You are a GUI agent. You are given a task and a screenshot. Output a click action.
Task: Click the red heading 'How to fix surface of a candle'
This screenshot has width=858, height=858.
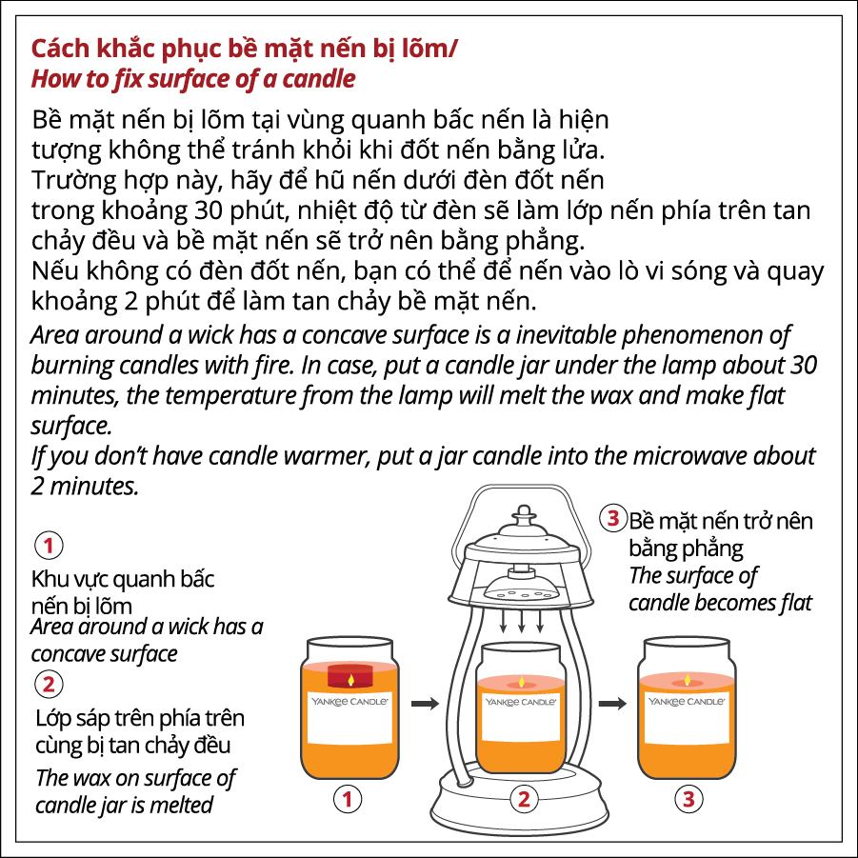(x=193, y=79)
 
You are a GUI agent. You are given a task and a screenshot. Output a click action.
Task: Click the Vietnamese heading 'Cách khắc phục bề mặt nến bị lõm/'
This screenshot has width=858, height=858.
(x=244, y=49)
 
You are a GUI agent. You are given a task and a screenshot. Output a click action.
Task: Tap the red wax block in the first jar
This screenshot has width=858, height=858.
(x=349, y=676)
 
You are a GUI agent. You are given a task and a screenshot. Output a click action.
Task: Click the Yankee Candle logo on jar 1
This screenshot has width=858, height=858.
(x=349, y=701)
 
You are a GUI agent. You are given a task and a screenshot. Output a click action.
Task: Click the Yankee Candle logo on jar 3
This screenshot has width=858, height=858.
(x=687, y=701)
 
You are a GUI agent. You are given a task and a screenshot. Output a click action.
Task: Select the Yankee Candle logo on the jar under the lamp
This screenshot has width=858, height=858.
(x=520, y=702)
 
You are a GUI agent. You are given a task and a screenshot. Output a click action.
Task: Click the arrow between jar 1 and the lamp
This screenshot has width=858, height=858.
(x=425, y=703)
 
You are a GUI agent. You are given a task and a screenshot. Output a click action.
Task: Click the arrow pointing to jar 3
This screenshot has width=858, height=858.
(x=612, y=703)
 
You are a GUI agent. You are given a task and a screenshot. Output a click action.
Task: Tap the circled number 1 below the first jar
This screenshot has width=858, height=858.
(x=348, y=800)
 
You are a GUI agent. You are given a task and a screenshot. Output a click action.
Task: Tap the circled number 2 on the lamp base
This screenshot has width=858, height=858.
(x=524, y=800)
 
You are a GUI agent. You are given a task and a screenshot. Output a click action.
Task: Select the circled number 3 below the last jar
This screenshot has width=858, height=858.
(x=688, y=800)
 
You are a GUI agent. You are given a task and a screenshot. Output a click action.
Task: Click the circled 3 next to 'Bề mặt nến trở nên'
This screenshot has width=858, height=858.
(x=613, y=518)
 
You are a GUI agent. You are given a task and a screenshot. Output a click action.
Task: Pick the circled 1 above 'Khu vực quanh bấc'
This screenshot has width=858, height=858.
(x=49, y=545)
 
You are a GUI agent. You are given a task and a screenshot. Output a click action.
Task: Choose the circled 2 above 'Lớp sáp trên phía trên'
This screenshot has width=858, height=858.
(x=49, y=684)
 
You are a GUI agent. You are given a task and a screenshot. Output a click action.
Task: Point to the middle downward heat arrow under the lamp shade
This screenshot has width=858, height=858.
(x=522, y=621)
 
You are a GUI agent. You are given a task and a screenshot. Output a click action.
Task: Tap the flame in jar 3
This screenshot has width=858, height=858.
(x=688, y=680)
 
